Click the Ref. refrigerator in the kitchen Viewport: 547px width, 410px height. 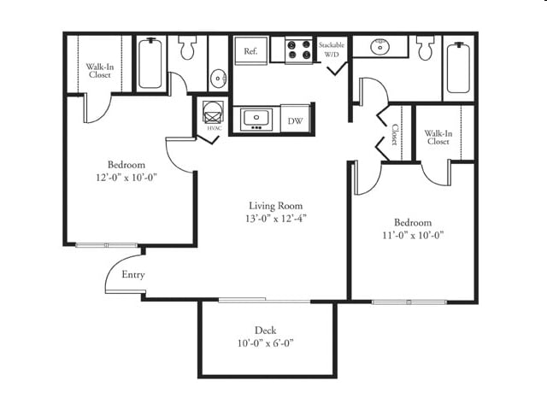coord(250,51)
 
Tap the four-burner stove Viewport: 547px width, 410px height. coord(298,50)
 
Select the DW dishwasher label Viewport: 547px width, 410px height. coord(295,121)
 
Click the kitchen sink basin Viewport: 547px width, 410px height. coord(256,118)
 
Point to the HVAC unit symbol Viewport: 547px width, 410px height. coord(212,112)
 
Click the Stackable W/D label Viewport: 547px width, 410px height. coord(332,50)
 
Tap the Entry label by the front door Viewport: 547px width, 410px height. coord(133,275)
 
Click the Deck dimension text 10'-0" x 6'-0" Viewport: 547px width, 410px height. coord(266,343)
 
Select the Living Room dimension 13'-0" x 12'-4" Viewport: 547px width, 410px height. coord(276,219)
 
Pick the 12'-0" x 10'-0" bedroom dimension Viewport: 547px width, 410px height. coord(126,178)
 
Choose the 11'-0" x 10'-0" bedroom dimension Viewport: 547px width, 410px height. coord(413,236)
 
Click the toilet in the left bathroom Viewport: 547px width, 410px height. coord(187,48)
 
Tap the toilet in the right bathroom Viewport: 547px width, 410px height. coord(426,48)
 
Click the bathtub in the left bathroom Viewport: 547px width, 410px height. coord(150,63)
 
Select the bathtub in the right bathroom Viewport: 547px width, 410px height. coord(458,67)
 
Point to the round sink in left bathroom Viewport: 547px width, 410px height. coord(219,78)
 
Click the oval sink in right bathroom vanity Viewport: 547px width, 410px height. coord(379,46)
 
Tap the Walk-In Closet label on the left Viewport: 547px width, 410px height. coord(100,70)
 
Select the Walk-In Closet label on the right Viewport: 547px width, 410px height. coord(438,138)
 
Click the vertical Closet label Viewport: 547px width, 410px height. coord(395,134)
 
